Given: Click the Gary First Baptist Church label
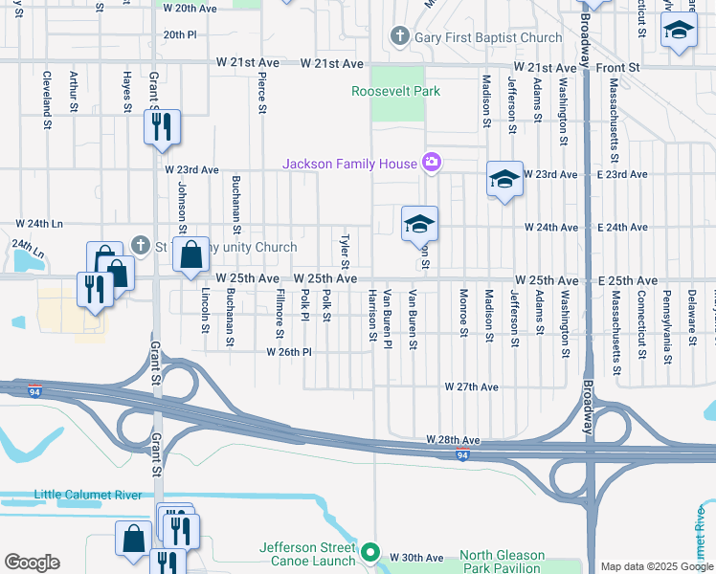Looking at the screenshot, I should (487, 37).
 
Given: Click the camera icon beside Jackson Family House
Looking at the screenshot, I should (432, 163).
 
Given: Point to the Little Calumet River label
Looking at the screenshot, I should (88, 495).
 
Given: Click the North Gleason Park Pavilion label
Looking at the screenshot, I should (502, 562).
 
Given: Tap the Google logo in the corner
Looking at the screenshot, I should (32, 563).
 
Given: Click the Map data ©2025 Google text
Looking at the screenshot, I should (656, 566).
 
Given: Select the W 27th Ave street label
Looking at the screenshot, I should (472, 387).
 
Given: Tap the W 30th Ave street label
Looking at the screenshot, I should (421, 558).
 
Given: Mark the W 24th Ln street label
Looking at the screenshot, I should (38, 224).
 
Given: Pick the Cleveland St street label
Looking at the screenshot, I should (46, 102).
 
